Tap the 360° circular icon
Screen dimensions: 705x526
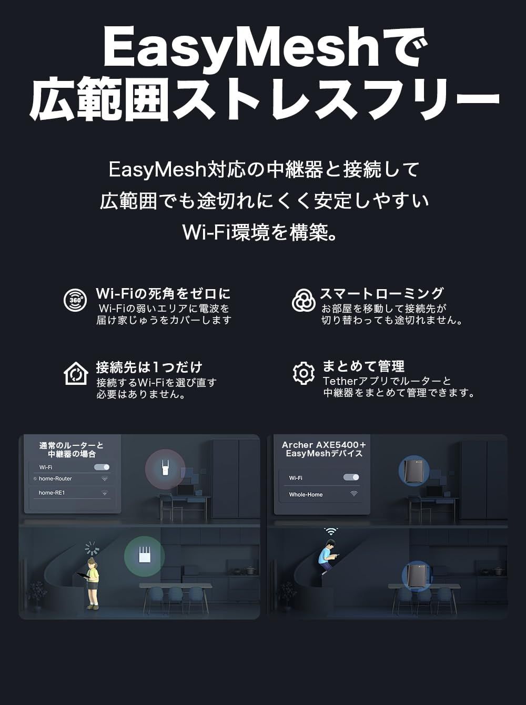[75, 300]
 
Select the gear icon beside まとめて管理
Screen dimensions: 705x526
[304, 373]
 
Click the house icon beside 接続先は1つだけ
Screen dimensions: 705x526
[76, 373]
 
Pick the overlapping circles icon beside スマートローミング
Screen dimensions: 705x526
[304, 300]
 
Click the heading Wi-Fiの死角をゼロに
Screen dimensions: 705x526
[163, 293]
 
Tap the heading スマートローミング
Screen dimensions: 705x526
[382, 293]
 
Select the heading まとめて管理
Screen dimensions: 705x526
[363, 366]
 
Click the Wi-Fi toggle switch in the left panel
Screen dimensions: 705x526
[102, 467]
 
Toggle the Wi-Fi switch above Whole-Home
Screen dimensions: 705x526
[351, 477]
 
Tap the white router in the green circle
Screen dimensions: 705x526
[144, 556]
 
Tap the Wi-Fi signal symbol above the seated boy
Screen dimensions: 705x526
[331, 532]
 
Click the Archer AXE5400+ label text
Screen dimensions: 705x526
[323, 445]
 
